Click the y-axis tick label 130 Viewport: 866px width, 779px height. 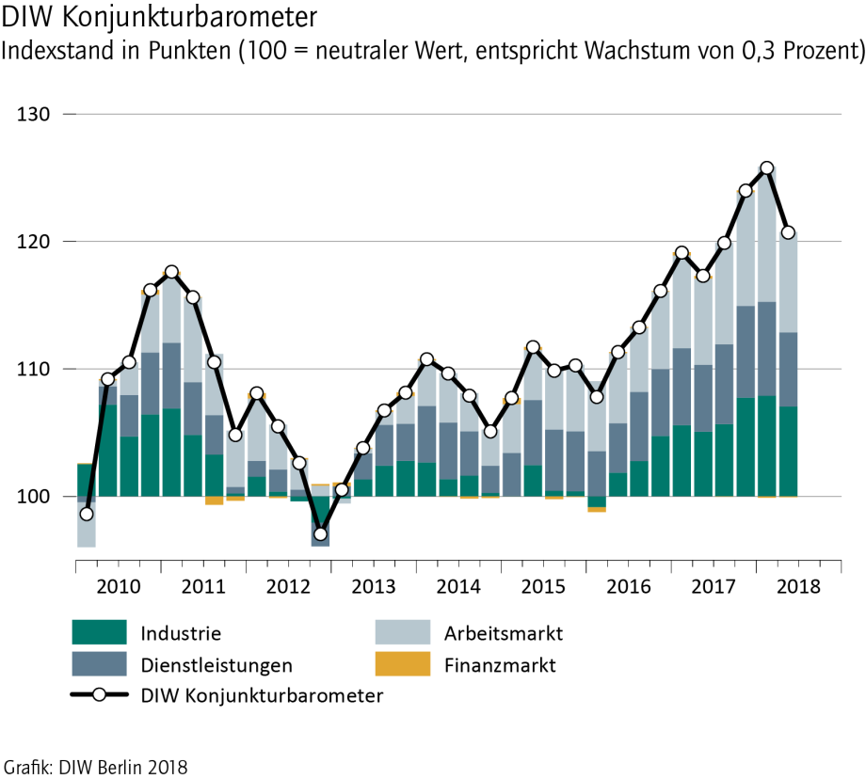point(34,115)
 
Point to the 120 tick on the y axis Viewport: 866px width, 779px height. point(34,242)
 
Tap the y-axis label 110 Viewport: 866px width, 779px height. point(34,369)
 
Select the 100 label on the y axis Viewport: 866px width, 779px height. point(34,496)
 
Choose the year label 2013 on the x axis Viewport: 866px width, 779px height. point(374,586)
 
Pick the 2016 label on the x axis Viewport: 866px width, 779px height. point(628,586)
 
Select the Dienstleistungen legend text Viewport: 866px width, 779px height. point(216,665)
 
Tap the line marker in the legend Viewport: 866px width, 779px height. point(99,696)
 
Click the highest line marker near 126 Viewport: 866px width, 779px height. point(766,168)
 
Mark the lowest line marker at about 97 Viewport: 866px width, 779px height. point(320,534)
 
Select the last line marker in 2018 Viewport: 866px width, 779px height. point(788,232)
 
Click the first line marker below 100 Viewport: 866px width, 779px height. point(87,514)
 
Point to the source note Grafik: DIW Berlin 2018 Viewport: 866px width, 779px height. point(96,767)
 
